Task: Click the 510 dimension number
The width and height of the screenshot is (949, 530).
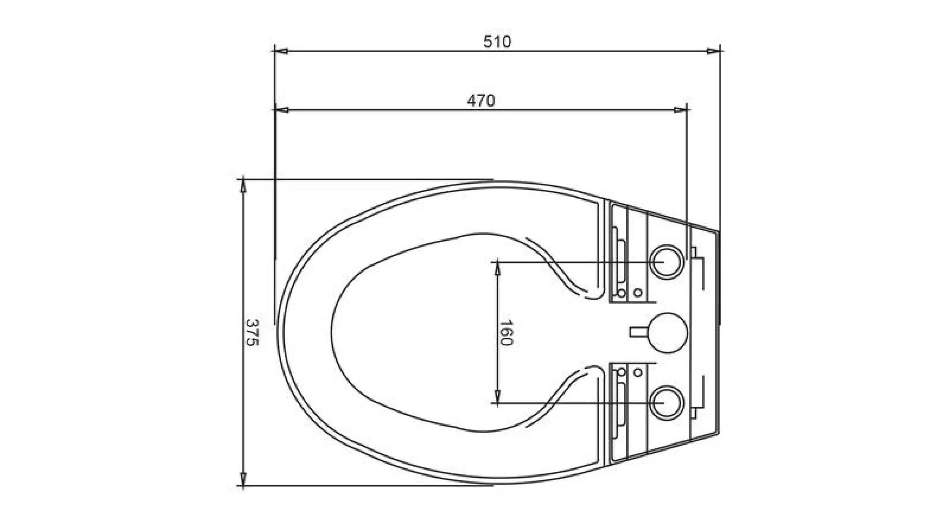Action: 497,42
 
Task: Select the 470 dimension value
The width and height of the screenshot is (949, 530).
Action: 481,101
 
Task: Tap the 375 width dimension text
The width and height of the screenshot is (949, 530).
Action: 252,333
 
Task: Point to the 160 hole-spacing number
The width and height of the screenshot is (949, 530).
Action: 506,333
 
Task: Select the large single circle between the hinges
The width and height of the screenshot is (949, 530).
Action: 667,333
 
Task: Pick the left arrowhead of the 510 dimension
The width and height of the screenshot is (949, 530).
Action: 282,51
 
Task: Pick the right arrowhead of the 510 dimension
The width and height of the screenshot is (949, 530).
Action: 714,51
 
